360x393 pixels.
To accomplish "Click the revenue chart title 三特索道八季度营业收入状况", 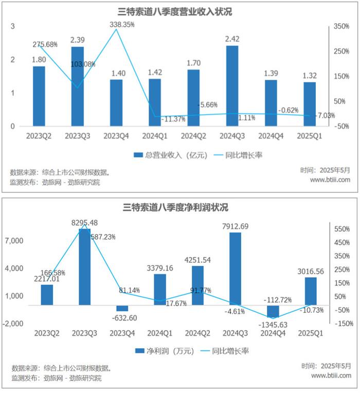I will tap(179, 12).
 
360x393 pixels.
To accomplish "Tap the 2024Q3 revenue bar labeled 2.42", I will tap(232, 85).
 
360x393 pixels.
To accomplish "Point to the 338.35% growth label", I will tap(122, 24).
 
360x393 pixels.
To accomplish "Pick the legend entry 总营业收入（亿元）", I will tap(169, 155).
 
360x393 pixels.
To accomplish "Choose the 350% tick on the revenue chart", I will tap(340, 26).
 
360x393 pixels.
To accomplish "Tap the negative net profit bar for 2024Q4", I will tap(273, 312).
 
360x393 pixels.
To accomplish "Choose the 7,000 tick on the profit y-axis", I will tap(19, 241).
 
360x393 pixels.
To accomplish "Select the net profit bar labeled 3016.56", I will tap(311, 291).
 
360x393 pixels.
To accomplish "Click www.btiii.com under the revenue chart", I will tap(330, 180).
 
